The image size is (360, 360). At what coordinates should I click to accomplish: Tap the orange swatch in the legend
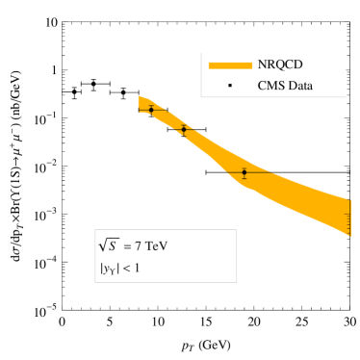point(230,64)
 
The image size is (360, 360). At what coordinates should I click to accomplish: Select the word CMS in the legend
point(271,86)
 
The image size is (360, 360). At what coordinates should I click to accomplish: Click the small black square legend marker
point(230,86)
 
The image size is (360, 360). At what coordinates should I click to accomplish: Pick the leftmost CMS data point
point(151,110)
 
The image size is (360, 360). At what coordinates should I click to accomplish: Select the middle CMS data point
point(184,129)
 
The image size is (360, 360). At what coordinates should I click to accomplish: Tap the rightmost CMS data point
point(244,172)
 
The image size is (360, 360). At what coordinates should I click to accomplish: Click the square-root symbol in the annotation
point(104,244)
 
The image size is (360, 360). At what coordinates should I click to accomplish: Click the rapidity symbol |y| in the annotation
point(108,269)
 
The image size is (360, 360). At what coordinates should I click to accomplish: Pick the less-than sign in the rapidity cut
point(124,269)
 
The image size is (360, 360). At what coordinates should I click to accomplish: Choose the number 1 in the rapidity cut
point(136,269)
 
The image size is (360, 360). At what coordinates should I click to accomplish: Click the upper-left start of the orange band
point(141,100)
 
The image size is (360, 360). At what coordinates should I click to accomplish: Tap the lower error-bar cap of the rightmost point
point(244,179)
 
